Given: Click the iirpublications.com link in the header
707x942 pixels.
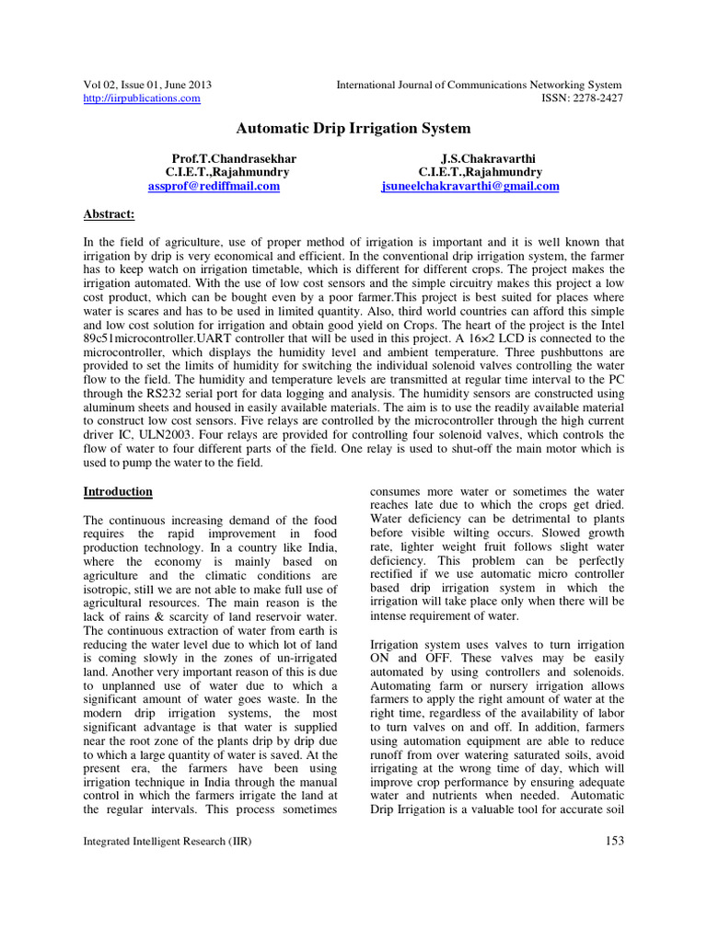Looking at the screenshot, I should [142, 98].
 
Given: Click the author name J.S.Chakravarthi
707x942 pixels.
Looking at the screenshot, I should [481, 158].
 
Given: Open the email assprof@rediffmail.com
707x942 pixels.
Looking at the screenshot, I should [214, 186].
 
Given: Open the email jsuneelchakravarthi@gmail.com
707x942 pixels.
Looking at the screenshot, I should [470, 186].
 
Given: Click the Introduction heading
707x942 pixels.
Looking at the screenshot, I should [118, 491].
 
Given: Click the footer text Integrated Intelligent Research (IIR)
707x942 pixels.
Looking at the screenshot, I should [168, 841].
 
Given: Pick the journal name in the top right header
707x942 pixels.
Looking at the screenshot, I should [479, 84].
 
